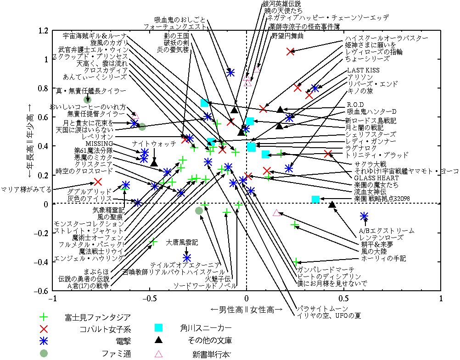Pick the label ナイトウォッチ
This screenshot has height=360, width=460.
click(x=154, y=144)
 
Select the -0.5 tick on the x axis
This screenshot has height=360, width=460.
click(x=149, y=299)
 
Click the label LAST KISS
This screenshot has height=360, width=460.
click(x=364, y=71)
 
